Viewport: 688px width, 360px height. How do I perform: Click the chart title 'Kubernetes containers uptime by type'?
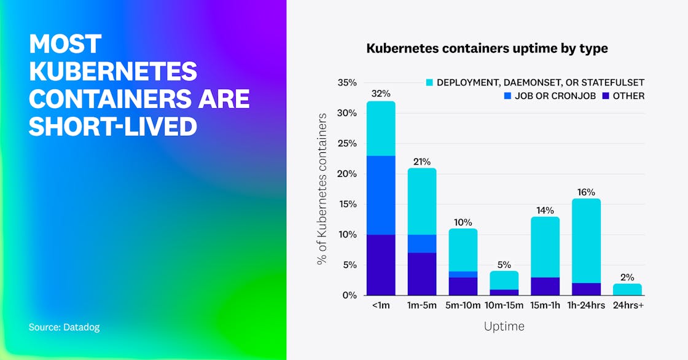pyautogui.click(x=487, y=49)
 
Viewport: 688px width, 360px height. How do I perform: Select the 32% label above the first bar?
pyautogui.click(x=381, y=93)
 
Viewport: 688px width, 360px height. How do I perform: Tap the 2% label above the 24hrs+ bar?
pyautogui.click(x=627, y=276)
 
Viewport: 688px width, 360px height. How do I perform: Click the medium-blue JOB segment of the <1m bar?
pyautogui.click(x=381, y=195)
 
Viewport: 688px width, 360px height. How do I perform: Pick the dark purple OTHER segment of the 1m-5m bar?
pyautogui.click(x=422, y=274)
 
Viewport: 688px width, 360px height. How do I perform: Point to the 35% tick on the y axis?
pyautogui.click(x=346, y=82)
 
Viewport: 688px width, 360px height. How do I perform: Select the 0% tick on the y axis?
pyautogui.click(x=349, y=295)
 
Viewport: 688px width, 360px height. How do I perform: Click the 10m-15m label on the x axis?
pyautogui.click(x=504, y=305)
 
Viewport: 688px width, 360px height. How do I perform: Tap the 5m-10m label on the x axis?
pyautogui.click(x=463, y=305)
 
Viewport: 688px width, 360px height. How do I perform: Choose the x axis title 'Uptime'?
pyautogui.click(x=504, y=326)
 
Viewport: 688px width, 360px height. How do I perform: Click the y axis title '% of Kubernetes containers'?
pyautogui.click(x=322, y=189)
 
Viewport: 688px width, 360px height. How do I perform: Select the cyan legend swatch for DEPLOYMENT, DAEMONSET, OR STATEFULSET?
pyautogui.click(x=429, y=82)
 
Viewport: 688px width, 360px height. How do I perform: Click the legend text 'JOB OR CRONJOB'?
pyautogui.click(x=563, y=96)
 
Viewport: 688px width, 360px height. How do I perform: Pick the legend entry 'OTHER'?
pyautogui.click(x=628, y=96)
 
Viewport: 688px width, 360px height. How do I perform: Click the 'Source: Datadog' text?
pyautogui.click(x=64, y=327)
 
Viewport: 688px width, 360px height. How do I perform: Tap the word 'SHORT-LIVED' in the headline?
pyautogui.click(x=113, y=126)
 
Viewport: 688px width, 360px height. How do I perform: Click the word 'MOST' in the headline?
pyautogui.click(x=65, y=44)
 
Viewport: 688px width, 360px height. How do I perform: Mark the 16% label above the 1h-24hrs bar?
pyautogui.click(x=586, y=192)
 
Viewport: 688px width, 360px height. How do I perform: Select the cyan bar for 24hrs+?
pyautogui.click(x=627, y=289)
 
